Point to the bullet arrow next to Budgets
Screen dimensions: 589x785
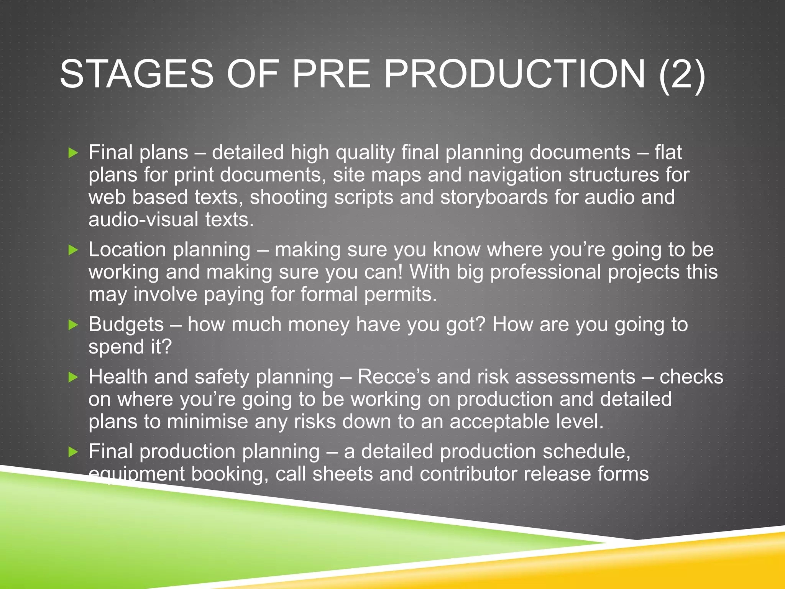[x=73, y=325]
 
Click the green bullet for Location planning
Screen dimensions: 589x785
[x=73, y=250]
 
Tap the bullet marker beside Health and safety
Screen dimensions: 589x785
[x=73, y=378]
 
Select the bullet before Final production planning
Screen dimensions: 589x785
[x=73, y=452]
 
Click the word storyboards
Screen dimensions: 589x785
[x=494, y=197]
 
